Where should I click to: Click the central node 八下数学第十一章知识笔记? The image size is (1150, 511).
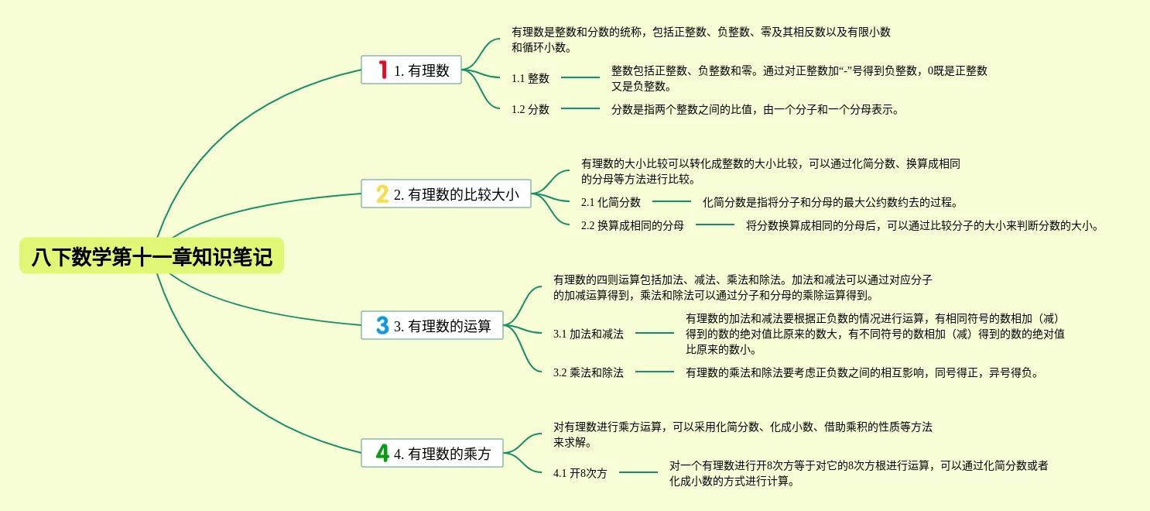click(152, 257)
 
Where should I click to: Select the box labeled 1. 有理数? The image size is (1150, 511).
click(411, 70)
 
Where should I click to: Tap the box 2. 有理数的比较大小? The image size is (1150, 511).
click(446, 194)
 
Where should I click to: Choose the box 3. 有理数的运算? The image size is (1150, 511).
click(432, 325)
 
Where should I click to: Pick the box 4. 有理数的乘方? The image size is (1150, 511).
click(432, 453)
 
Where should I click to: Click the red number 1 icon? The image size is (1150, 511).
click(382, 70)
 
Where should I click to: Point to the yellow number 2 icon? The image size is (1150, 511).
click(382, 194)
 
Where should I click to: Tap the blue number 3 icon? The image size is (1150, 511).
click(382, 325)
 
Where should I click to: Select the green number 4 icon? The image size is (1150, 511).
click(382, 453)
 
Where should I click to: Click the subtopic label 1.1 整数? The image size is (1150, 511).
click(530, 78)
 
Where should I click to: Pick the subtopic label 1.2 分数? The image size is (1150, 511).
click(530, 109)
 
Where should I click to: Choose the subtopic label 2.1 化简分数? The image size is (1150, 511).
click(611, 202)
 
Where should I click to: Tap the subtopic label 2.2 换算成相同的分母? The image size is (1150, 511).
click(632, 225)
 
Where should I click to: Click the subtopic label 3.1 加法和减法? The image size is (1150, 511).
click(588, 334)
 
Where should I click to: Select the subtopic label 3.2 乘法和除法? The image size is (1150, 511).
click(588, 372)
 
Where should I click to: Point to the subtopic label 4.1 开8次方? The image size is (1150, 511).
click(580, 473)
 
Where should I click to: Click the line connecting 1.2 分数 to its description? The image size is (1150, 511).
click(580, 108)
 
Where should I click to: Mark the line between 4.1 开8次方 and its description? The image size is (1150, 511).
click(638, 472)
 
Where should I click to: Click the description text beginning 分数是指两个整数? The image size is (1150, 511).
click(755, 109)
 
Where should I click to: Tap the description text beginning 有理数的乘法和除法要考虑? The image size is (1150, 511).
click(861, 372)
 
